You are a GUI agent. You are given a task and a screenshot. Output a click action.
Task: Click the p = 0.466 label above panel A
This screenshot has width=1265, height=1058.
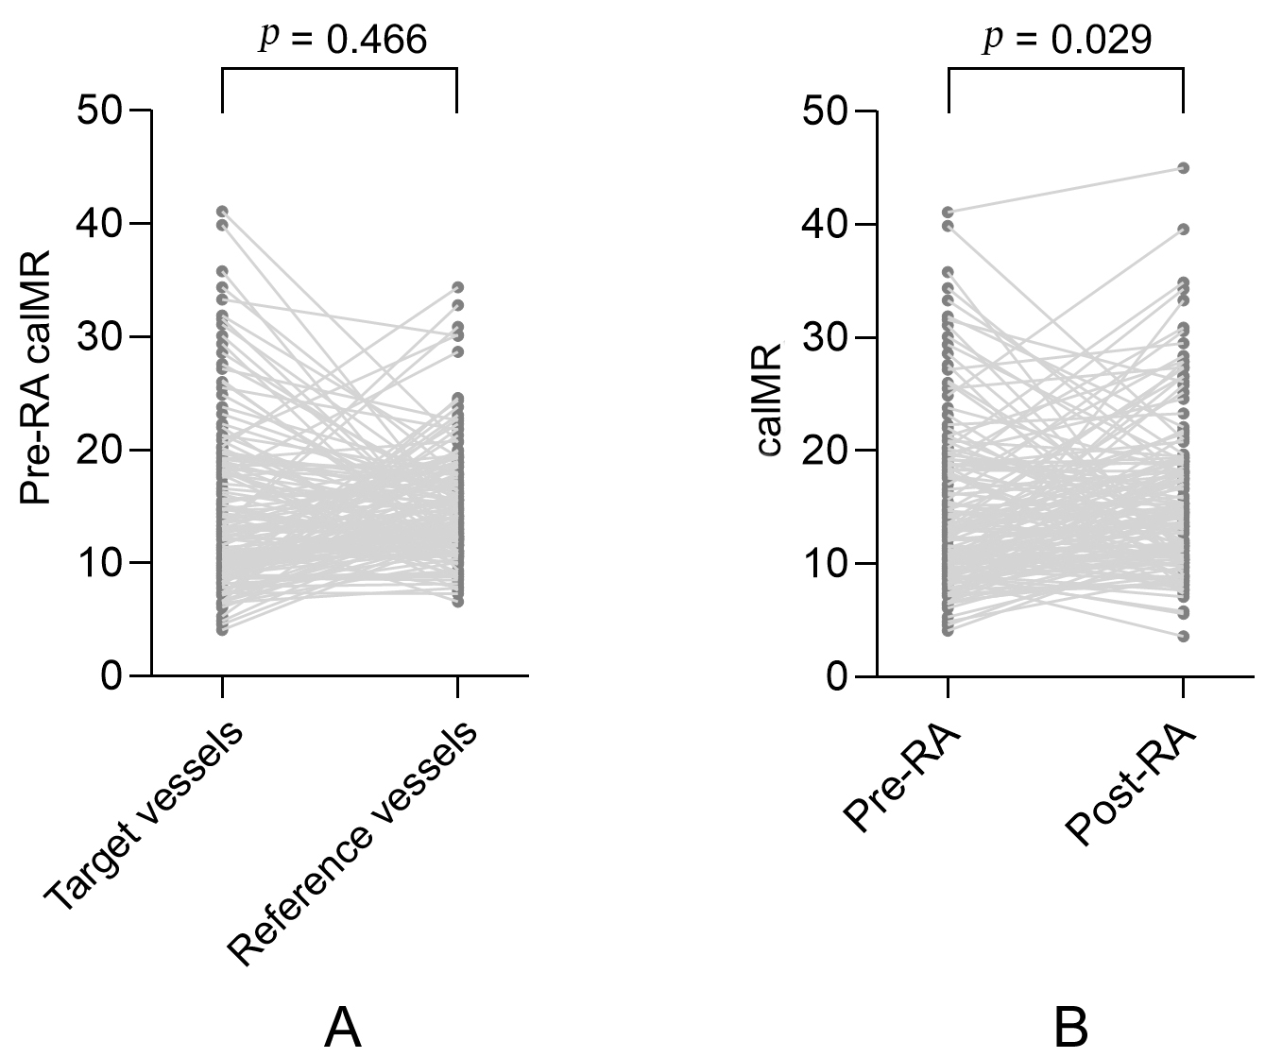coord(343,39)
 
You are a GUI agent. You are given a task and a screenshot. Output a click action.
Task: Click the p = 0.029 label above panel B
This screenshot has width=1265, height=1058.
coord(1068,40)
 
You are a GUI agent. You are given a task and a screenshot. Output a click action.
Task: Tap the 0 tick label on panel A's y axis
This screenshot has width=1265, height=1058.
coord(113,676)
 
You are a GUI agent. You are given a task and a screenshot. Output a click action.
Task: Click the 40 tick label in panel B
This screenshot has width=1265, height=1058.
coord(828,225)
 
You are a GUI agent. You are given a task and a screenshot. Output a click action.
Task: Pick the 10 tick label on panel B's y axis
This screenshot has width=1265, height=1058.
coord(828,564)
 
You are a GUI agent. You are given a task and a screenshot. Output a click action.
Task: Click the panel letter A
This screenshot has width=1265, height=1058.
coord(342,1027)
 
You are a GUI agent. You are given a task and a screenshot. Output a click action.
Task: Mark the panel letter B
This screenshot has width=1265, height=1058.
coord(1070,1027)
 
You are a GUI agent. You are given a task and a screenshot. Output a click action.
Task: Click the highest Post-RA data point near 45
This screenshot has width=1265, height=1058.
coord(1183,168)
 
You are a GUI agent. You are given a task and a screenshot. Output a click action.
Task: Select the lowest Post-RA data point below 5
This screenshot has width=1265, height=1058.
coord(1183,637)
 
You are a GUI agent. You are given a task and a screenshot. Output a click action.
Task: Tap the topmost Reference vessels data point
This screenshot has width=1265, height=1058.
coord(457,287)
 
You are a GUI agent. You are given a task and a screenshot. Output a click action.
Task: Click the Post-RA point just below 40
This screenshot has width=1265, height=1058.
coord(1183,229)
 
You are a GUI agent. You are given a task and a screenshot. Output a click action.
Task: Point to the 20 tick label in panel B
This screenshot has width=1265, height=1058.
coord(828,451)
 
